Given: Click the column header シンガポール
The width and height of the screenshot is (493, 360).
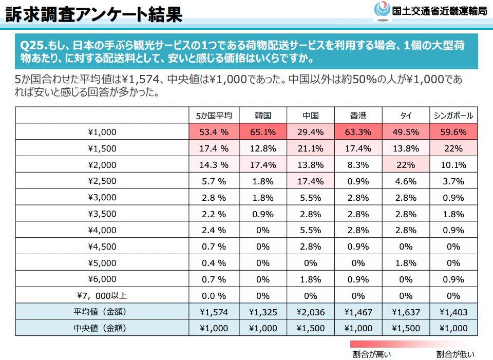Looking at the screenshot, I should [453, 116].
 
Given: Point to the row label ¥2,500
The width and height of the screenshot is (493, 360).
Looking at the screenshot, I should [102, 181].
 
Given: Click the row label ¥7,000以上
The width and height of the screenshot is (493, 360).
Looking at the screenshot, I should [102, 295].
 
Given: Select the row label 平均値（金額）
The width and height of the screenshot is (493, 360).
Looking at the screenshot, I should [102, 312].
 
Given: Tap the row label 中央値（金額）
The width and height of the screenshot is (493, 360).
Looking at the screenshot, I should [102, 328].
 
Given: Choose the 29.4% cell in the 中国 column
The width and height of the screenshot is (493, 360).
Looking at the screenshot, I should [310, 132].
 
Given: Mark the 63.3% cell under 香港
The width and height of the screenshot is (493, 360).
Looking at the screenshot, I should [358, 132].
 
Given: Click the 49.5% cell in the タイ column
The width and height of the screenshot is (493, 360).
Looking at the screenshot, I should [406, 132].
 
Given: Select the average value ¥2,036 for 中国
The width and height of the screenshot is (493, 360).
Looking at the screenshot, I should [310, 312].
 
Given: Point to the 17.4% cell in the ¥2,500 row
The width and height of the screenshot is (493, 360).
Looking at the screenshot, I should [310, 181].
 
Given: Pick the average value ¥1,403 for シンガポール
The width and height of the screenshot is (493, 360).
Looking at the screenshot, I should [453, 312].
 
